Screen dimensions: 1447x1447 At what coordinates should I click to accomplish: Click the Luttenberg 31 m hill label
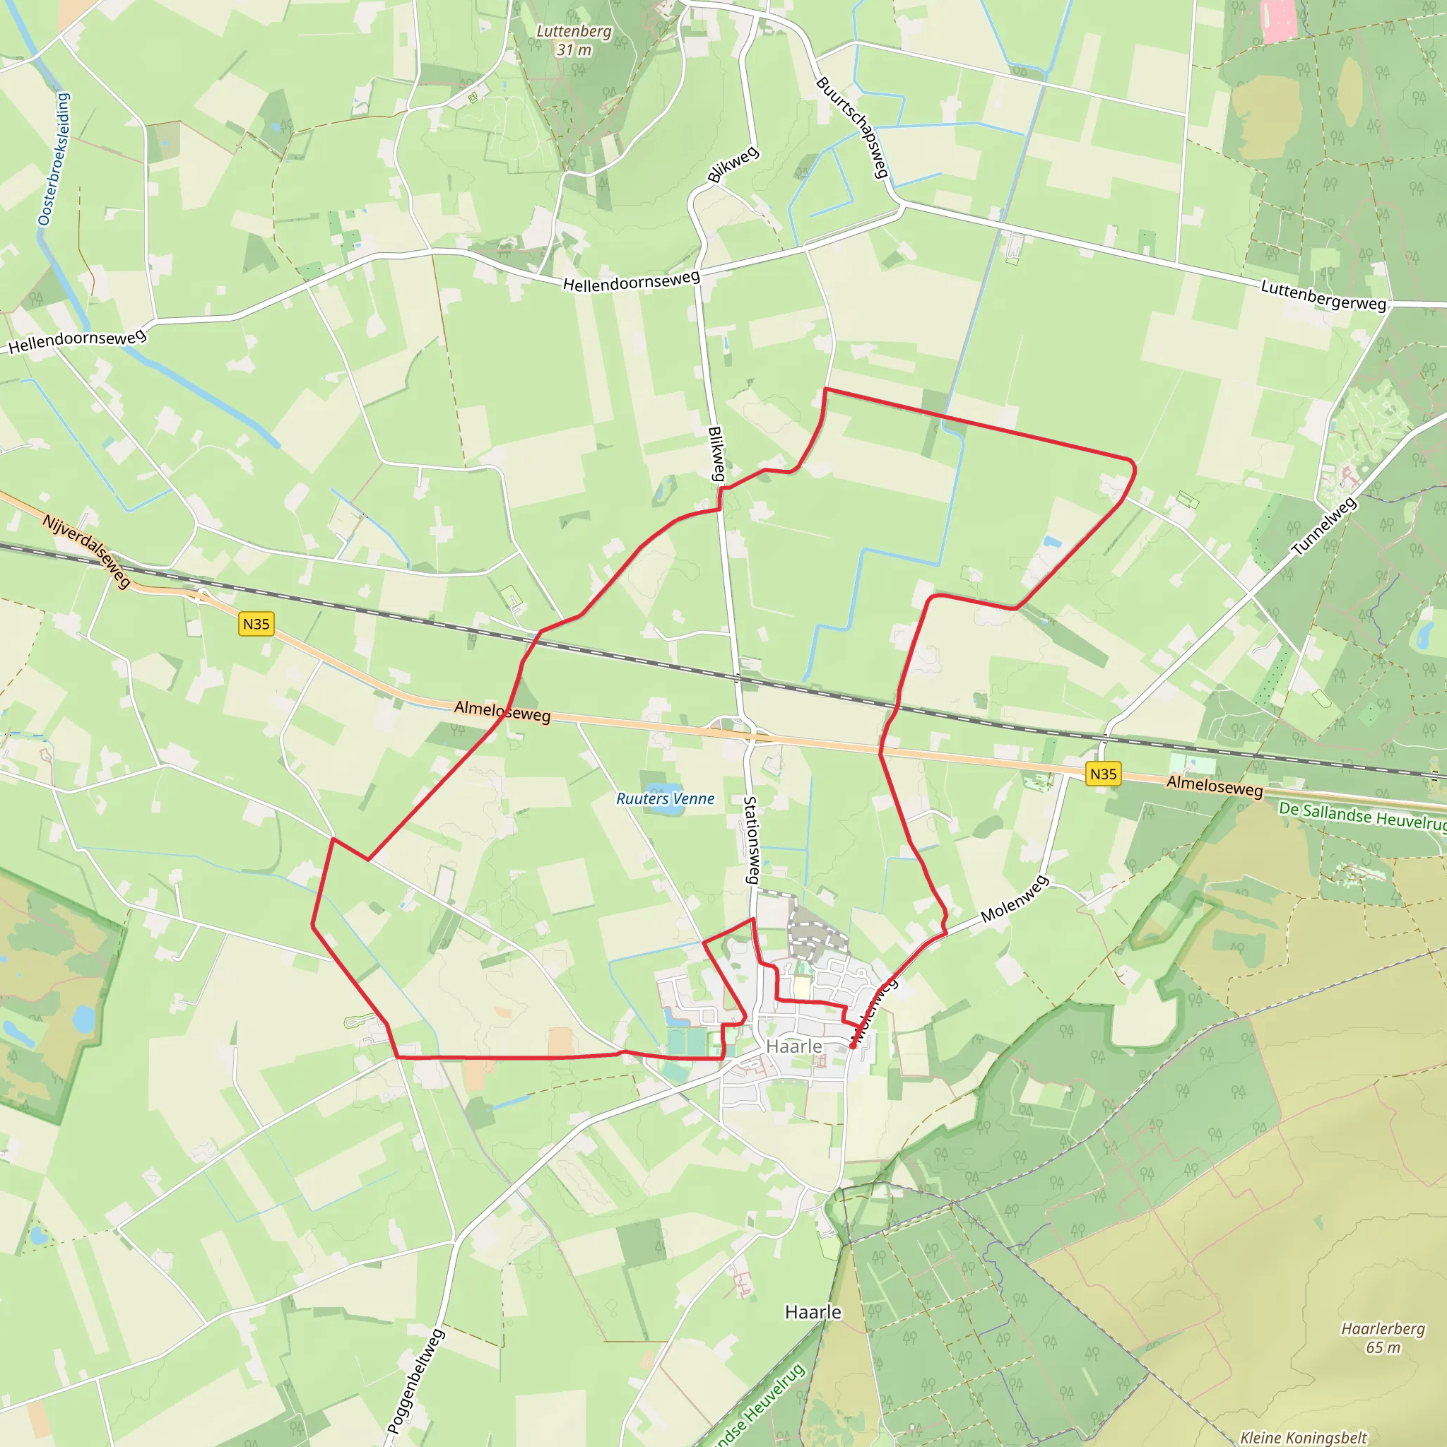574,40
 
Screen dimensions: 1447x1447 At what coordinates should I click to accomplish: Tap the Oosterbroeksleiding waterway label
54,159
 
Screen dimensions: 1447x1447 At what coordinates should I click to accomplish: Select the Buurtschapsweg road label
852,127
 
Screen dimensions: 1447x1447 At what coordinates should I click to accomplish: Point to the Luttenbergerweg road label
1323,295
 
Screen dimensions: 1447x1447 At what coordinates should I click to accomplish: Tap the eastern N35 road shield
1103,774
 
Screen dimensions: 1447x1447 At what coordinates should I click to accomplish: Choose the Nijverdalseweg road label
87,550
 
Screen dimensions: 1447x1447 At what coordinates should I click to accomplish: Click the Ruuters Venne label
665,799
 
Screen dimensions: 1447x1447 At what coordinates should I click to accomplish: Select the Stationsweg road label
751,839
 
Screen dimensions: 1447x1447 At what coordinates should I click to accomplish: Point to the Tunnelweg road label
1324,526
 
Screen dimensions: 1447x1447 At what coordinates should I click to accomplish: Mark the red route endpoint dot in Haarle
853,1046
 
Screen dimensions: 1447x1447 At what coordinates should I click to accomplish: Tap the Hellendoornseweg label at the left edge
76,341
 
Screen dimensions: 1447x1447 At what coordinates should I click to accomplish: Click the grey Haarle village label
794,1046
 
